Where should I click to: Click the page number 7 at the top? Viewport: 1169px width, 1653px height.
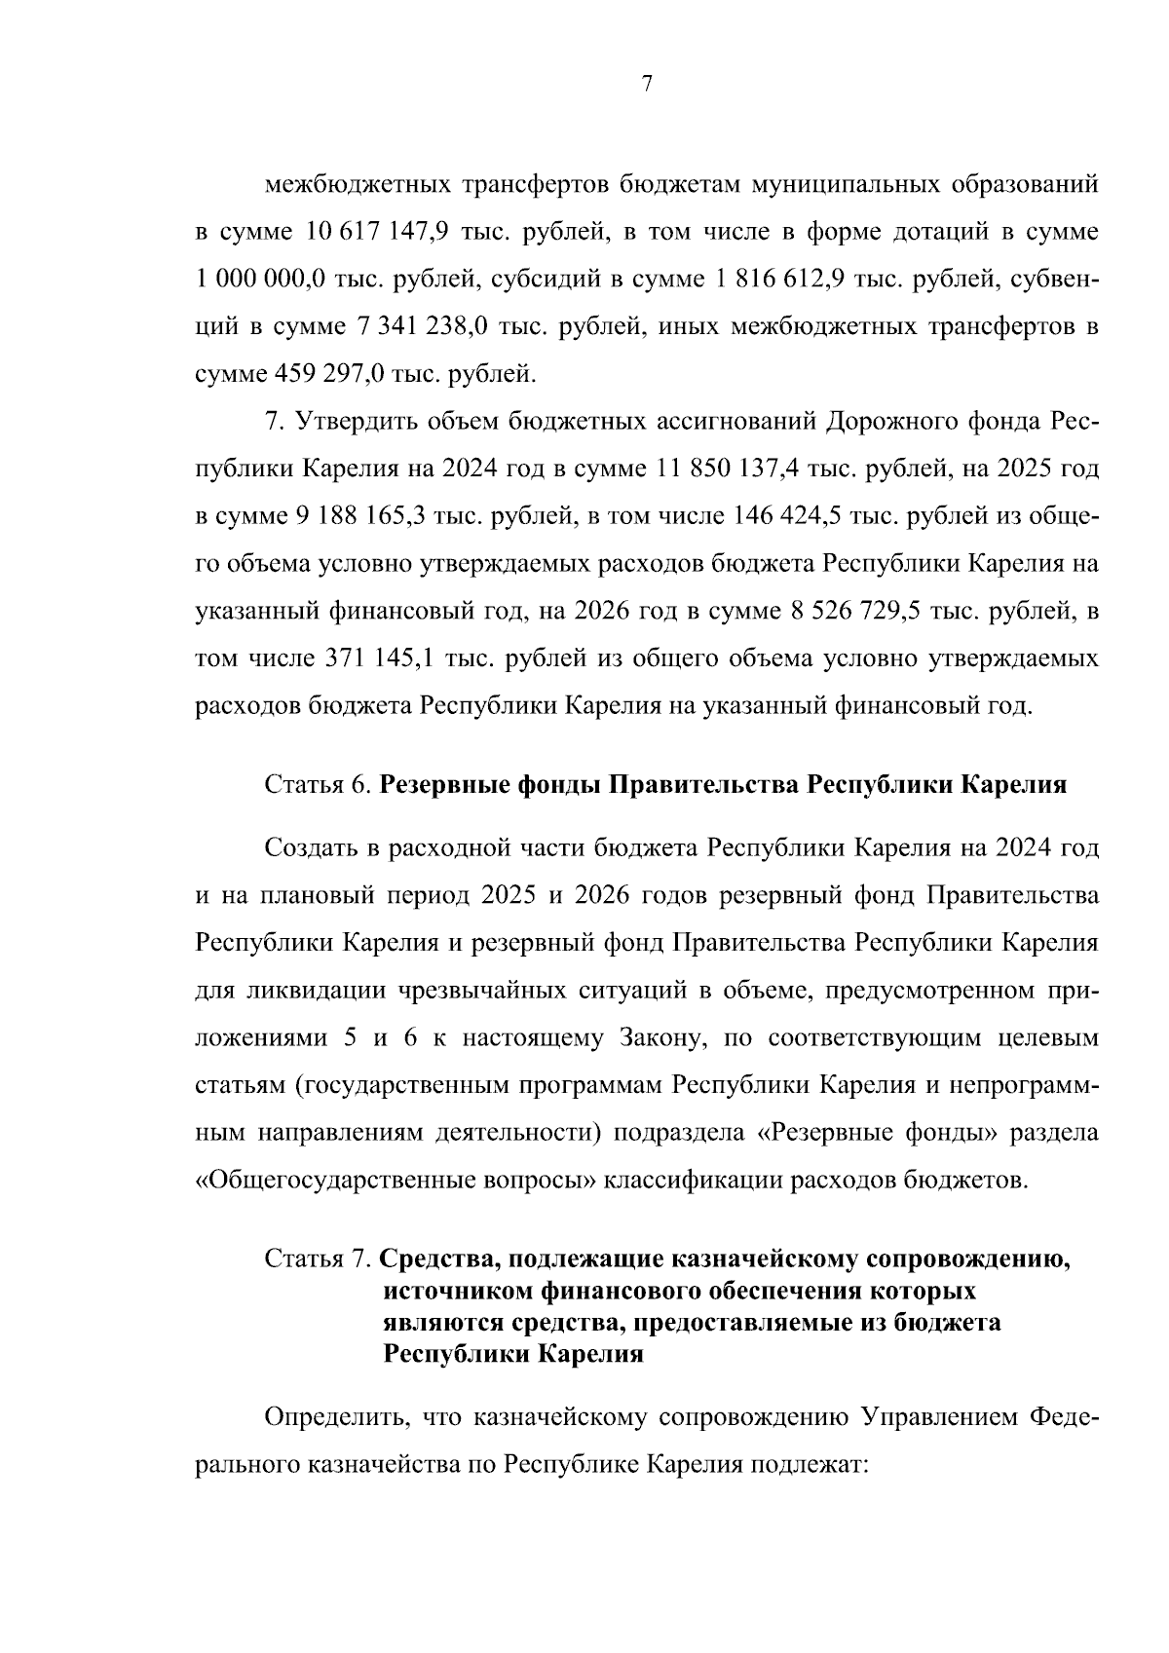[x=647, y=85]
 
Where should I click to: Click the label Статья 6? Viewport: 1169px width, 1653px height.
[x=318, y=785]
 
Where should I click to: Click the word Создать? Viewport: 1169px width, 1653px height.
[x=310, y=847]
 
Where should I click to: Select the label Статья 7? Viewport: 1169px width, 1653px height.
[x=318, y=1259]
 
